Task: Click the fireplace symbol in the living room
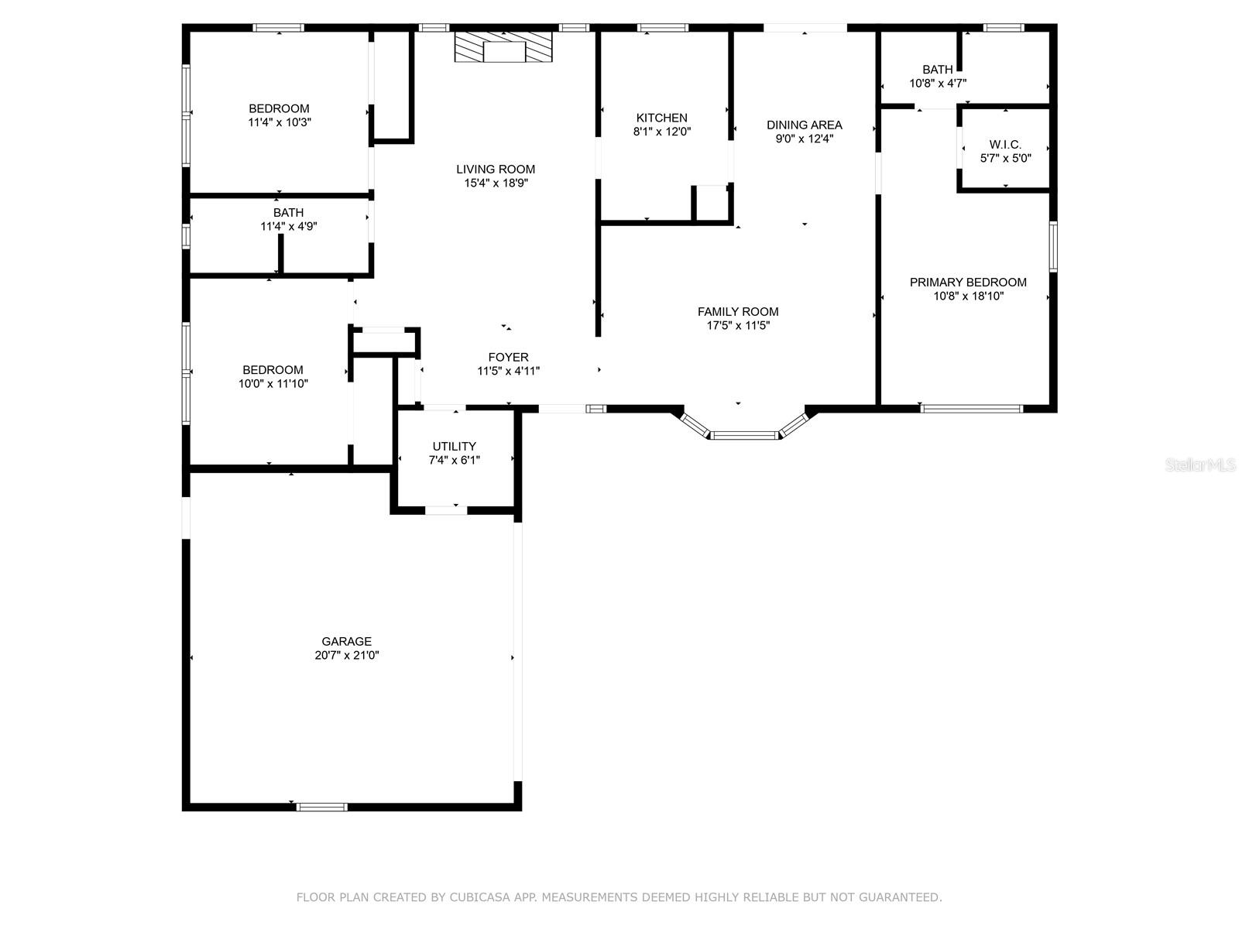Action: point(503,46)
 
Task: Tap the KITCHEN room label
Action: point(661,118)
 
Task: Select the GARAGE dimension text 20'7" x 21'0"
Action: point(347,655)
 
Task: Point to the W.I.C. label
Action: point(1005,145)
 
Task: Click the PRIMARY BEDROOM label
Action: point(968,282)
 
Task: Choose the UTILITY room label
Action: point(455,446)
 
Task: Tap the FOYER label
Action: point(509,357)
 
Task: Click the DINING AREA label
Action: point(805,125)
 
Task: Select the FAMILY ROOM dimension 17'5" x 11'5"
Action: point(738,325)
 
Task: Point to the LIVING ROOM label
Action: point(496,170)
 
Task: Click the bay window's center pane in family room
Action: point(744,435)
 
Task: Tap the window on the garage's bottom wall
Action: point(321,807)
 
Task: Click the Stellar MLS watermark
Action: point(1200,465)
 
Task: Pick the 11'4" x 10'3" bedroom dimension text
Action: point(280,122)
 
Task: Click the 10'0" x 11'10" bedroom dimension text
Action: point(273,384)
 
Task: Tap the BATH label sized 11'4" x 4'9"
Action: point(288,213)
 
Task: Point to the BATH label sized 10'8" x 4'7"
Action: point(938,70)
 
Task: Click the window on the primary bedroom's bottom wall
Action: point(971,409)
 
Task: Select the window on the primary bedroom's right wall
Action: point(1053,246)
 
